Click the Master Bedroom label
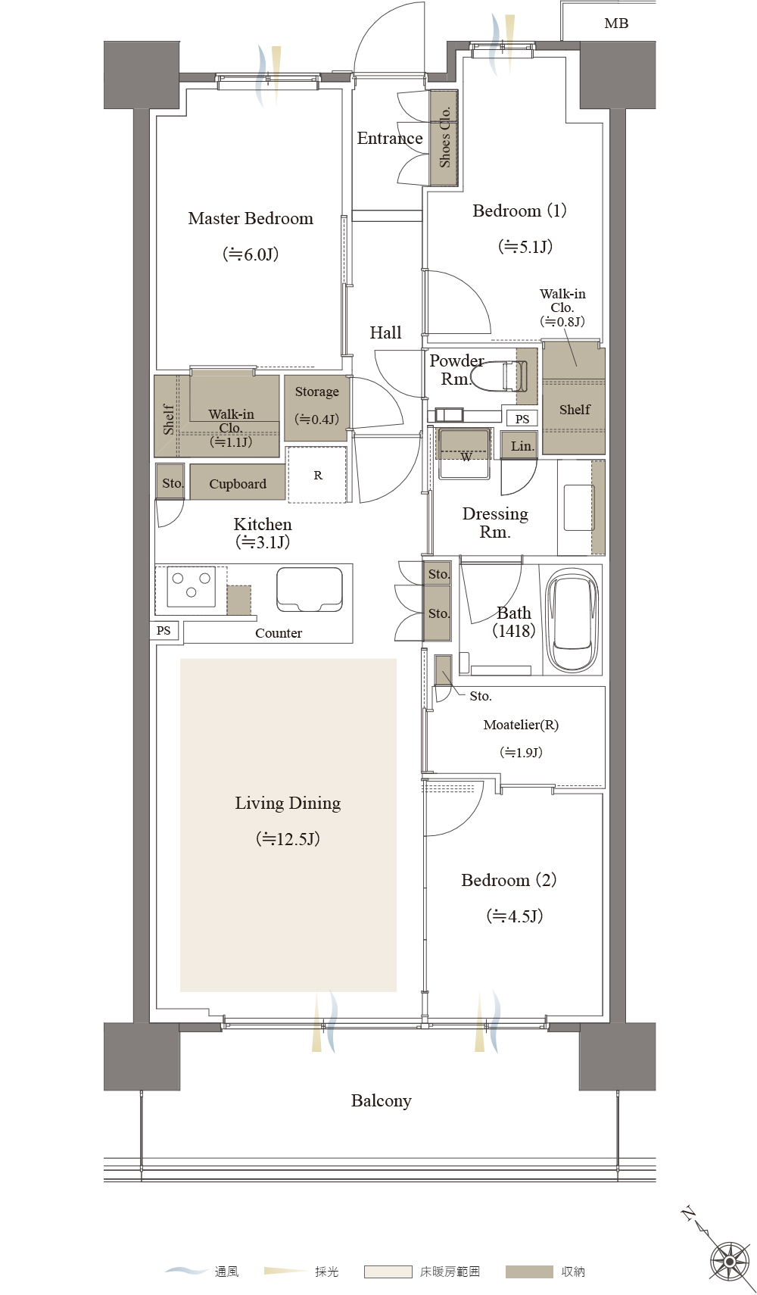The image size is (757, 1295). click(x=251, y=219)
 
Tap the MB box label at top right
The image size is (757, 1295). click(x=616, y=23)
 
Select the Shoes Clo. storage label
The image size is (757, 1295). click(x=444, y=138)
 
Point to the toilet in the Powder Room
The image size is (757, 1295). click(x=509, y=376)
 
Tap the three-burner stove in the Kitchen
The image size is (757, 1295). click(x=192, y=586)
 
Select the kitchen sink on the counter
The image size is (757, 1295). click(x=309, y=589)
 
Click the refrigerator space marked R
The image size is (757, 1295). click(x=317, y=475)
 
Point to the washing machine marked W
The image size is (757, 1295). click(x=466, y=454)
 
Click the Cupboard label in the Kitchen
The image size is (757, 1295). click(x=238, y=483)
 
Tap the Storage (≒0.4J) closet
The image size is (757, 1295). click(x=316, y=408)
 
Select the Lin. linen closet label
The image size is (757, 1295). click(x=522, y=446)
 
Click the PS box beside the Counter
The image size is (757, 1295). click(x=164, y=630)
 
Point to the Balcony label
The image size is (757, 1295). click(x=382, y=1101)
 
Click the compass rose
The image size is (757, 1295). click(x=730, y=1260)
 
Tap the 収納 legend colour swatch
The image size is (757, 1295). click(x=528, y=1272)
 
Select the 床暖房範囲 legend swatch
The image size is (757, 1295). click(x=388, y=1272)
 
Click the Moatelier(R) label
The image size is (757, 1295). click(x=521, y=725)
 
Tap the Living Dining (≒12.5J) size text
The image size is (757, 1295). click(x=288, y=839)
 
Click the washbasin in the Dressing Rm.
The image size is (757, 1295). click(x=579, y=507)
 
